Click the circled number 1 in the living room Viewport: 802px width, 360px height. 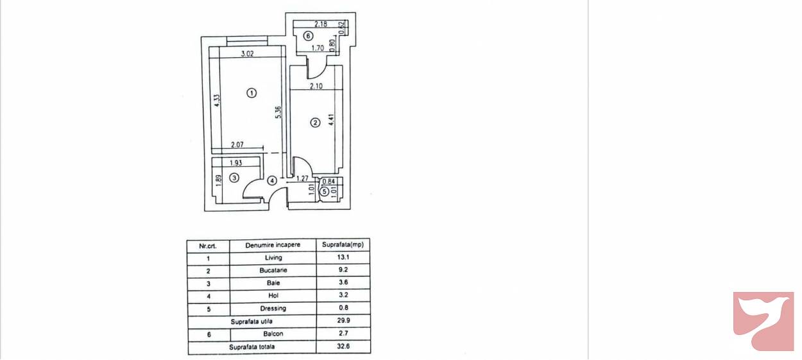coord(252,93)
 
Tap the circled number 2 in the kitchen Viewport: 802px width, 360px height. coord(315,123)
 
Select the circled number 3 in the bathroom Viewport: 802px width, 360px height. coord(234,178)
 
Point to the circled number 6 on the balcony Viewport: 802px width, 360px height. coord(308,36)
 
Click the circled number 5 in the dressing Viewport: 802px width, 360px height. coord(325,192)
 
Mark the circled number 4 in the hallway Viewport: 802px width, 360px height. coord(272,180)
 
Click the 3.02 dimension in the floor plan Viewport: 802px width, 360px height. coord(248,54)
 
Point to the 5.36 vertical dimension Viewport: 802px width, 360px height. coord(279,112)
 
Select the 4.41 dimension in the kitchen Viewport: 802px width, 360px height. coord(332,119)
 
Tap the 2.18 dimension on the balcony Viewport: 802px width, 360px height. coord(320,24)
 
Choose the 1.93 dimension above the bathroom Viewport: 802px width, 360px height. coord(236,163)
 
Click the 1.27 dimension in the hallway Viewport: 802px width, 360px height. coord(303,178)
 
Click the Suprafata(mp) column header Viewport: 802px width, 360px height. coord(343,244)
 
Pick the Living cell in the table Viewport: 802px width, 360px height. coord(273,257)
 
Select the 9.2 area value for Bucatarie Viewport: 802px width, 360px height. coord(343,270)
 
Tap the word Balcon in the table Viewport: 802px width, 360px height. coord(273,334)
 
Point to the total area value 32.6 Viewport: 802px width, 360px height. coord(343,347)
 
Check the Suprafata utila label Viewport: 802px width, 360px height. coord(252,321)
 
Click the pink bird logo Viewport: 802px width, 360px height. coord(764,321)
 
